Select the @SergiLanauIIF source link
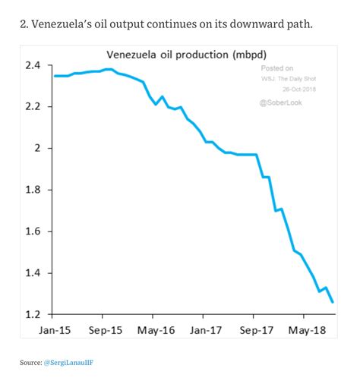[68, 363]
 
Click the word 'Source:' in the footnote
[30, 363]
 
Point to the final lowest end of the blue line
[333, 302]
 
